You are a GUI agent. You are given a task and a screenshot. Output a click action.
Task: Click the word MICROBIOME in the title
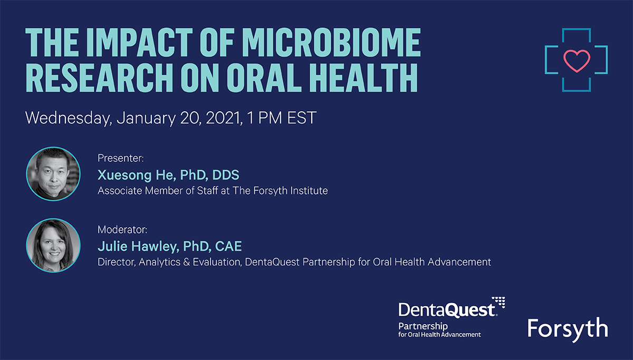point(331,43)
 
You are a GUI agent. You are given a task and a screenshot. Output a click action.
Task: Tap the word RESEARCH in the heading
point(99,77)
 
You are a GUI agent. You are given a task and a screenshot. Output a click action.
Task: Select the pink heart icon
point(577,61)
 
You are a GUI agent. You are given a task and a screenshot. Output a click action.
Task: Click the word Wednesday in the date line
point(69,118)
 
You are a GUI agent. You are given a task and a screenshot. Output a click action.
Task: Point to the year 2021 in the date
point(224,118)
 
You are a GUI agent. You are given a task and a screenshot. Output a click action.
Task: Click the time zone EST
point(302,118)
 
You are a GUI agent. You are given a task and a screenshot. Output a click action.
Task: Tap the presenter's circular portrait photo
point(53,174)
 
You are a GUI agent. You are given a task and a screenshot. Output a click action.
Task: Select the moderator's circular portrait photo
point(53,246)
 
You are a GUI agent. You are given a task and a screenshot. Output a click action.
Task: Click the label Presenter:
point(121,159)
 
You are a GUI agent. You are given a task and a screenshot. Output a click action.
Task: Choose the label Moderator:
point(122,230)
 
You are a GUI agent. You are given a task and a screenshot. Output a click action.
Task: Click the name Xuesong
point(124,176)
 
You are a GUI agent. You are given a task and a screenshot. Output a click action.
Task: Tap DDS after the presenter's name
point(226,175)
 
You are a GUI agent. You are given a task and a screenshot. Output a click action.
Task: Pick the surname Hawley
point(155,247)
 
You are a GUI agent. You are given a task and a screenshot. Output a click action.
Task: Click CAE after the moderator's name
point(228,246)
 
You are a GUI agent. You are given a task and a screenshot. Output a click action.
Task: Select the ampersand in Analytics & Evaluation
point(186,262)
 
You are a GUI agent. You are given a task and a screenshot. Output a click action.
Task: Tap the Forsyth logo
point(568,329)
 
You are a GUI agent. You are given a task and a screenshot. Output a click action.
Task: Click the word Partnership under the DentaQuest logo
point(423,327)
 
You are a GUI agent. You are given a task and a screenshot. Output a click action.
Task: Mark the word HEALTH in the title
point(363,77)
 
